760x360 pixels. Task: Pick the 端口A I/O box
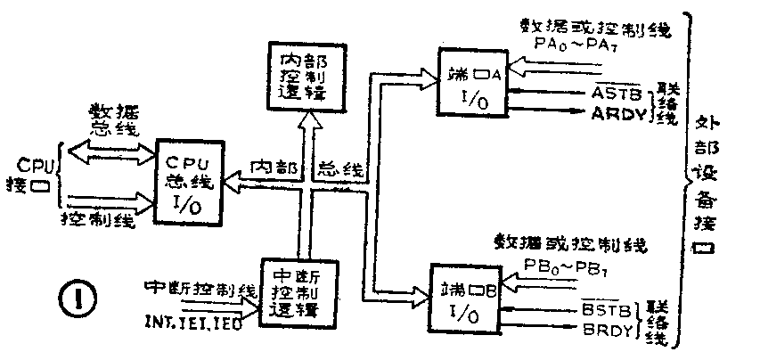tap(470, 83)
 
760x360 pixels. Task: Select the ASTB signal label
tap(610, 94)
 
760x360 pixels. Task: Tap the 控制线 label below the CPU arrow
tap(99, 219)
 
